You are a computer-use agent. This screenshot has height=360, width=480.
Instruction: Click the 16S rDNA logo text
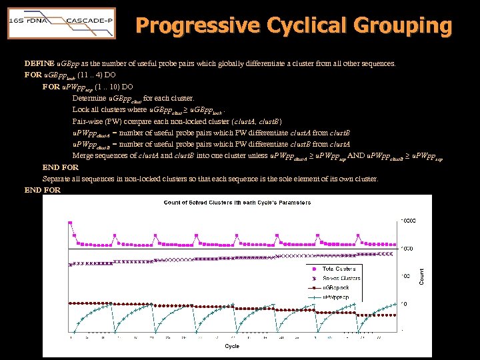27,21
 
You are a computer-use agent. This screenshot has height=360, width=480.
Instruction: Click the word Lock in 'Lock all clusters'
80,109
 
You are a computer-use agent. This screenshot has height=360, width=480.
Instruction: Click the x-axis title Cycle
231,346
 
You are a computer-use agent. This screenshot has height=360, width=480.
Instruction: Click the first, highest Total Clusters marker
71,221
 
